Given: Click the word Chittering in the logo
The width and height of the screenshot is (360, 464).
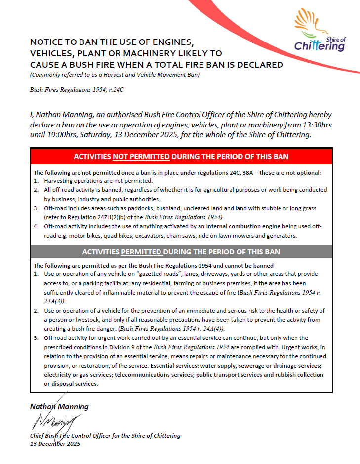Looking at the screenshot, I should click(x=319, y=47).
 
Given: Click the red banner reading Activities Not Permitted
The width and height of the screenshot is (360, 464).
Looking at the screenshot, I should click(x=181, y=157).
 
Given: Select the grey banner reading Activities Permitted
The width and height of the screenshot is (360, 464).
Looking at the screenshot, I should click(x=181, y=252).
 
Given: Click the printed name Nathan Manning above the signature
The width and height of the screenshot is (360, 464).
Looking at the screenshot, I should click(x=60, y=407).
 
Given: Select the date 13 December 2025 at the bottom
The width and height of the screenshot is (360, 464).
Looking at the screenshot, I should click(x=55, y=443).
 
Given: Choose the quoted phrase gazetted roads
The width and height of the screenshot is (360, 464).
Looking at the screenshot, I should click(x=158, y=274).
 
